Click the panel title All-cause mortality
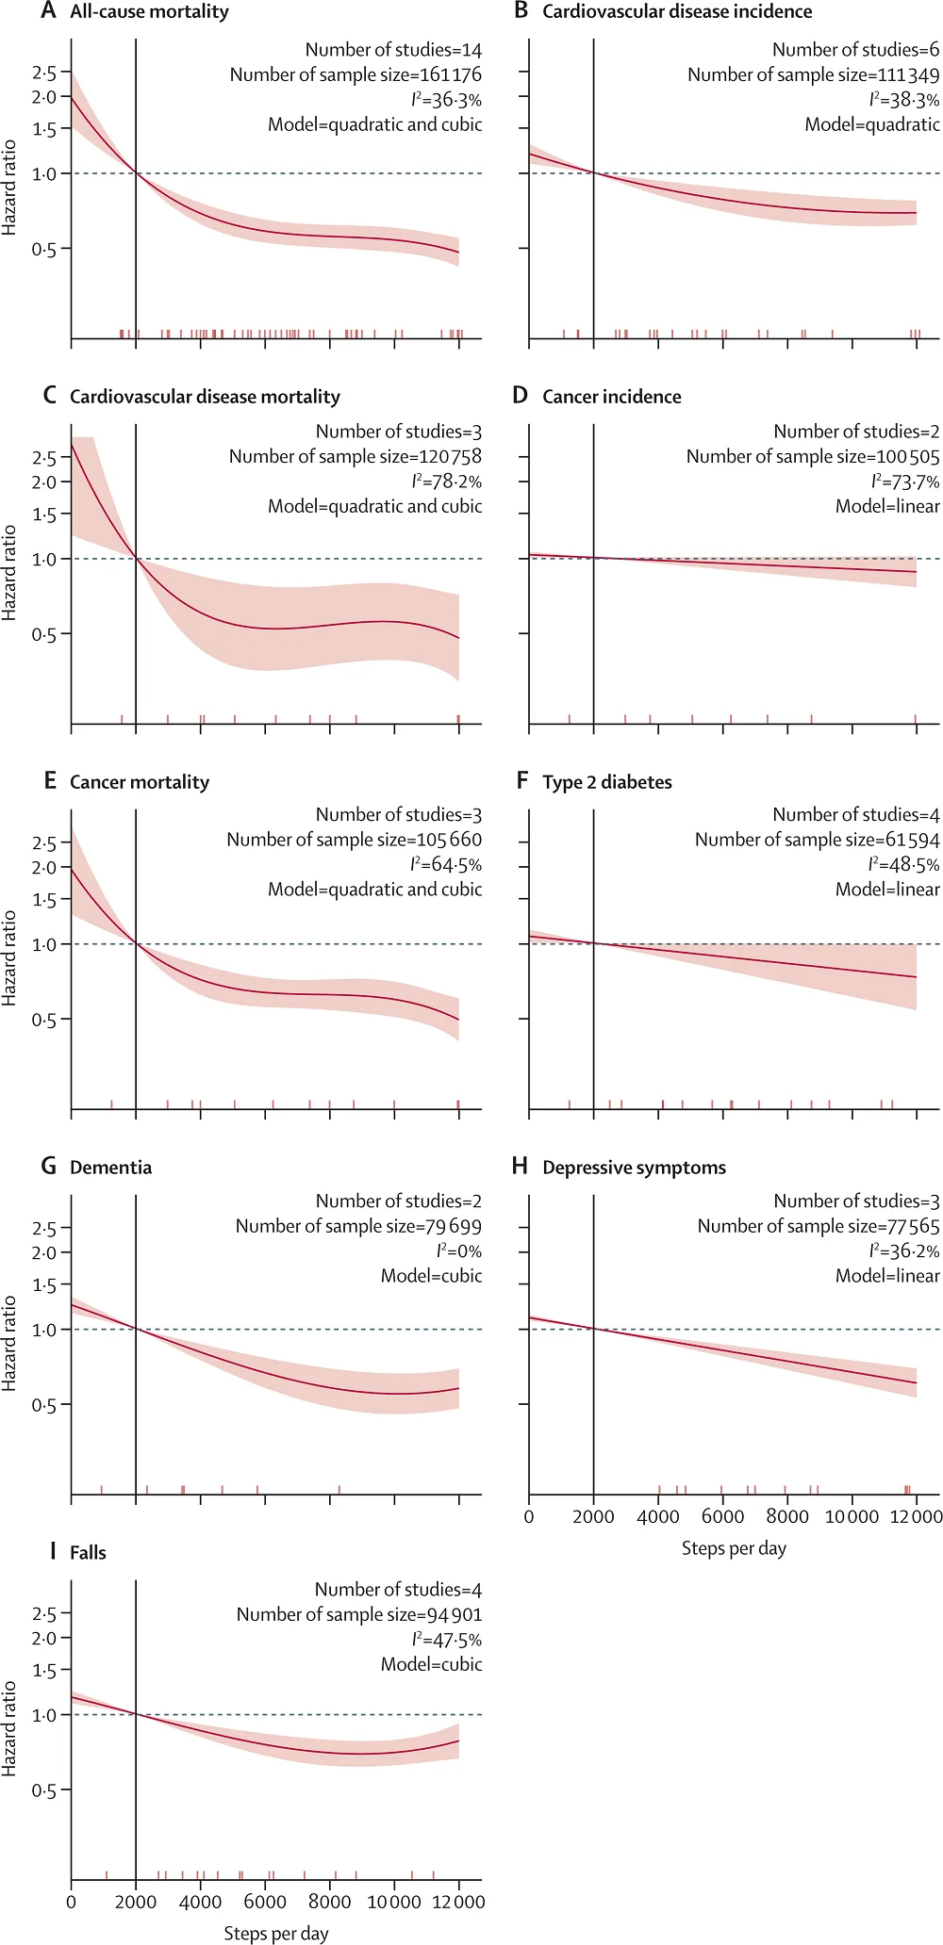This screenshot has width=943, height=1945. point(149,12)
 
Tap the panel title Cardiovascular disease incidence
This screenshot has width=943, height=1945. point(677,12)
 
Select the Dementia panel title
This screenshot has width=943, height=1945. point(110,1168)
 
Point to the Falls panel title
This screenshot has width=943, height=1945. point(88,1553)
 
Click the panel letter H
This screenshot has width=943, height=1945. point(520,1167)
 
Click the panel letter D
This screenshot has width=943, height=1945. point(520,396)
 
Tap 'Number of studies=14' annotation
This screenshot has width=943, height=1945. point(393,50)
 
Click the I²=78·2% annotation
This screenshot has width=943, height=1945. point(446,482)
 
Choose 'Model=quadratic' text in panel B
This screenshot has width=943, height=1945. point(871,124)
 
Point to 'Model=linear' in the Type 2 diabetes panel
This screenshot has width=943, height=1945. point(887,890)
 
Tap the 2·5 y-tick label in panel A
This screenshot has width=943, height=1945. point(44,73)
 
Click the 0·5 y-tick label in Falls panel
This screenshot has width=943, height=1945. point(44,1790)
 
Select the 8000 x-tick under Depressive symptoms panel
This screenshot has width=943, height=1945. point(786,1516)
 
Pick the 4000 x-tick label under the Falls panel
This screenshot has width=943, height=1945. point(200,1902)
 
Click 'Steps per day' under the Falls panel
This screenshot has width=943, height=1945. point(276,1934)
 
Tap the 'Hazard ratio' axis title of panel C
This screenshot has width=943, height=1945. point(9,572)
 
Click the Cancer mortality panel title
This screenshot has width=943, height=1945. point(140,782)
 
